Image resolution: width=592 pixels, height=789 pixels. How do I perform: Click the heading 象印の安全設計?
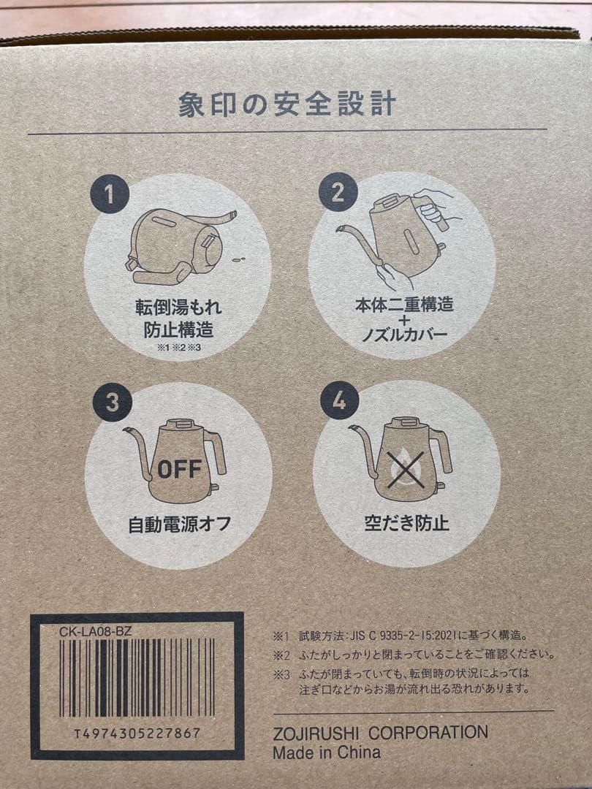click(x=286, y=104)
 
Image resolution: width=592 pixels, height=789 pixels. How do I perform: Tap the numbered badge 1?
click(x=110, y=194)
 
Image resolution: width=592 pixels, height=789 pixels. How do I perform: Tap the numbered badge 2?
click(x=338, y=193)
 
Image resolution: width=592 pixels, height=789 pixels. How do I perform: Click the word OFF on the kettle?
click(x=179, y=469)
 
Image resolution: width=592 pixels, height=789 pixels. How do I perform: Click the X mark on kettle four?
click(x=406, y=470)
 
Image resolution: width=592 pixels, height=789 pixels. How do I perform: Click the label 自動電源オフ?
click(x=180, y=523)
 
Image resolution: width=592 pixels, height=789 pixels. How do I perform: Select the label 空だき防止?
click(x=406, y=523)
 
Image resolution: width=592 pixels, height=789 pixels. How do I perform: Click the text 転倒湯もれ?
click(x=178, y=307)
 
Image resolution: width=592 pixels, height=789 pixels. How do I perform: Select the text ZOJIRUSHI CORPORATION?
click(x=380, y=733)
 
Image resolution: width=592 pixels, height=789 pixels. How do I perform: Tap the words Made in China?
click(x=327, y=752)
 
